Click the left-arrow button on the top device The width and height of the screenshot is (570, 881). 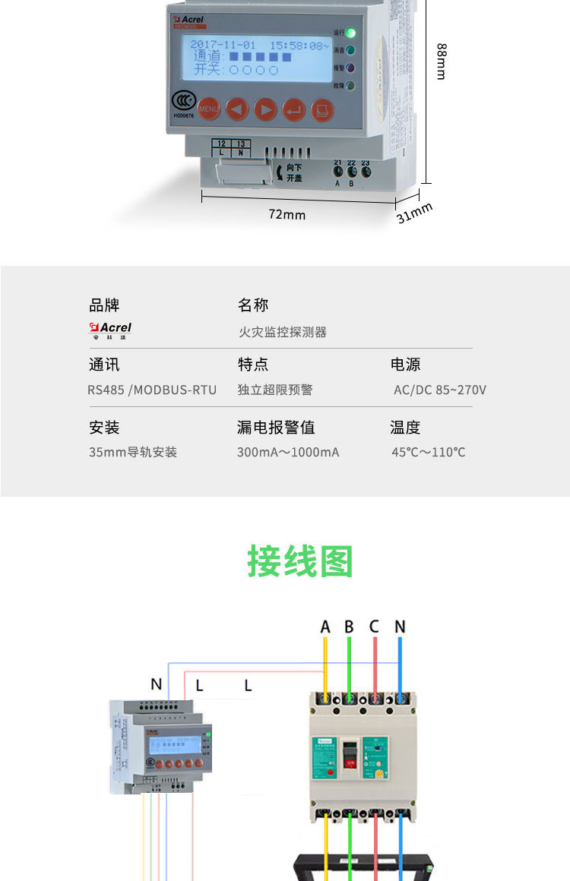(x=236, y=110)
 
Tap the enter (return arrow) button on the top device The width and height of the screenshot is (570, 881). (x=294, y=110)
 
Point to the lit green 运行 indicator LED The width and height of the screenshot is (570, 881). (x=350, y=33)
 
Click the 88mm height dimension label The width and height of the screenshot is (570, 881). (x=441, y=61)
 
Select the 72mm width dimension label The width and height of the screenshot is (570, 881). (x=287, y=215)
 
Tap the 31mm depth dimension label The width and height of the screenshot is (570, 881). (x=414, y=213)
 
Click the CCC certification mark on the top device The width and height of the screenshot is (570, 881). (x=182, y=101)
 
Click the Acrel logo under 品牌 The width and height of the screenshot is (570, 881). (x=110, y=330)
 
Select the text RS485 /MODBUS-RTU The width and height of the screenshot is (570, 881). (x=152, y=390)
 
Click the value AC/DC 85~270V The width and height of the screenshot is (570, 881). (x=439, y=390)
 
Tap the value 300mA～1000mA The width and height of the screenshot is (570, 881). (x=288, y=452)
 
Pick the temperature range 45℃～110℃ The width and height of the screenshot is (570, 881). (x=429, y=452)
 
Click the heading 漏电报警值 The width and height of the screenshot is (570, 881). (x=276, y=428)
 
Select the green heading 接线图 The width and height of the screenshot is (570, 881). (x=300, y=562)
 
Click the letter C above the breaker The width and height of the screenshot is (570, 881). (x=374, y=627)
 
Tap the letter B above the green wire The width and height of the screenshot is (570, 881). (x=349, y=627)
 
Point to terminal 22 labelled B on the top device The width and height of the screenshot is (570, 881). (x=352, y=172)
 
